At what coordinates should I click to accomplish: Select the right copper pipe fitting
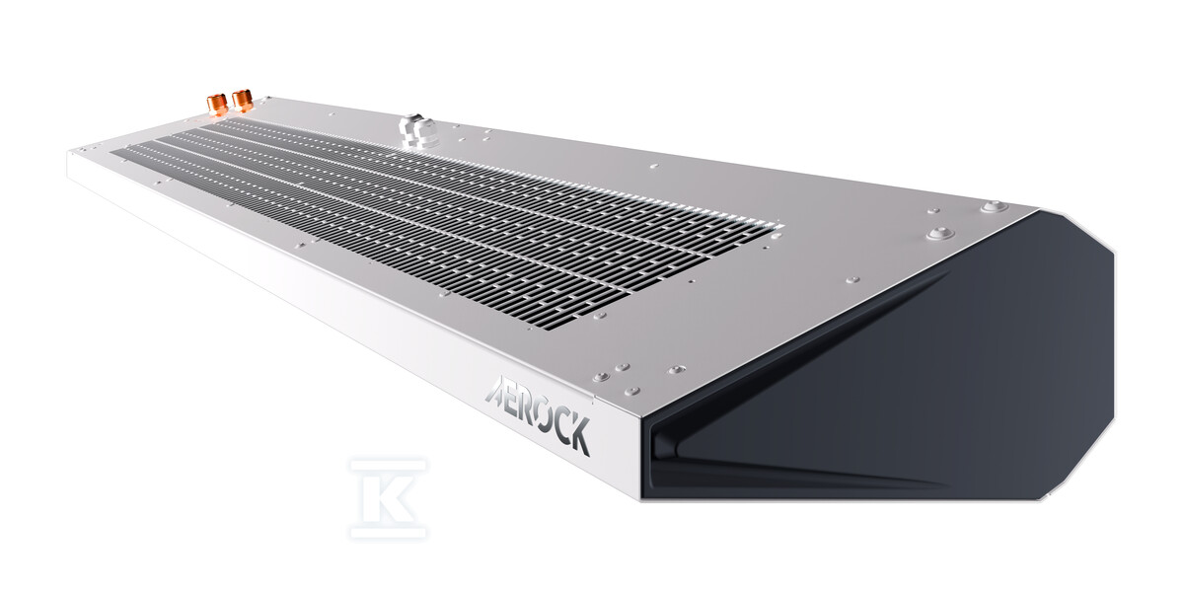coord(243,100)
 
